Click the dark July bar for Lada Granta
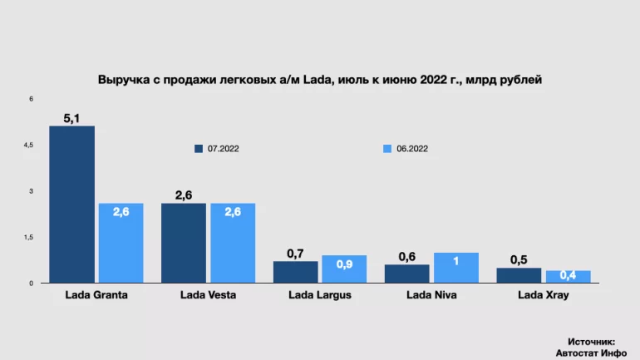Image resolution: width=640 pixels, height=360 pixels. point(71,205)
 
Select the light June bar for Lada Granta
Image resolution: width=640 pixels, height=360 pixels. point(121,243)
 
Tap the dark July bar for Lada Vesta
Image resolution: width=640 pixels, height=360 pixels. point(184,243)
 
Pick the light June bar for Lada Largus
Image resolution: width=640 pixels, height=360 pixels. point(344,269)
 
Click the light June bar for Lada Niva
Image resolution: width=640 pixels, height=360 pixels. point(456,268)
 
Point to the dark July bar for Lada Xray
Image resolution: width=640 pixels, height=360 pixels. point(518,275)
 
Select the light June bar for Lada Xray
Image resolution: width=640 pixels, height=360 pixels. point(568,277)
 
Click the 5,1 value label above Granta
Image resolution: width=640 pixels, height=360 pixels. point(71,118)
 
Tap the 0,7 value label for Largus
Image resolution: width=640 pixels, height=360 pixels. point(295,253)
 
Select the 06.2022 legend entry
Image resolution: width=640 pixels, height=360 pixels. point(406,149)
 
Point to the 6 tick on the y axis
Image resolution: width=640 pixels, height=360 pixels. point(31,99)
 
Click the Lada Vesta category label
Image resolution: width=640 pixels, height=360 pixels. point(208,294)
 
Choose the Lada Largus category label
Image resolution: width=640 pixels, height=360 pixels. point(320,294)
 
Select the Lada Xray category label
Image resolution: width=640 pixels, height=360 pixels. point(544,294)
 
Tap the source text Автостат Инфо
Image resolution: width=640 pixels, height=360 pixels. point(591,351)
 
